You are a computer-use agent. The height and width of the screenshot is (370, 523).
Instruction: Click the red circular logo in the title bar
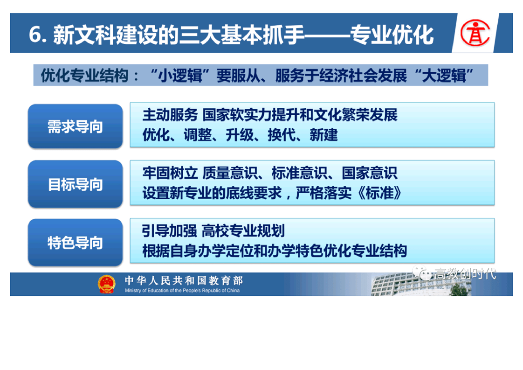(x=475, y=32)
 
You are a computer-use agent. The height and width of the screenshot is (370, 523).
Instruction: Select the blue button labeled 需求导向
(x=76, y=126)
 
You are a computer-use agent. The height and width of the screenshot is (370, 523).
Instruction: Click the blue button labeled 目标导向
(x=76, y=184)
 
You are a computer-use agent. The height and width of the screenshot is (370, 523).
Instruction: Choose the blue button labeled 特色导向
(x=76, y=243)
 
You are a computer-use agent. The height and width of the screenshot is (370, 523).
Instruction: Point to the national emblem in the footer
(x=106, y=284)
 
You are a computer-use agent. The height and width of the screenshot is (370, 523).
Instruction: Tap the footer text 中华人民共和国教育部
(x=184, y=280)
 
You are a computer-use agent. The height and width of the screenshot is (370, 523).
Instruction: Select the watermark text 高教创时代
(x=465, y=274)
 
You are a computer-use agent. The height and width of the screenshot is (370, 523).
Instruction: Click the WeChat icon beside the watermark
(x=422, y=273)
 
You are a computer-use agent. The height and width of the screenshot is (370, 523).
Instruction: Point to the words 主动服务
(x=170, y=115)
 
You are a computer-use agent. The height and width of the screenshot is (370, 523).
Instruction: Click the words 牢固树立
(x=170, y=173)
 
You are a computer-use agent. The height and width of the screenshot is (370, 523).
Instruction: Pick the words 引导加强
(x=170, y=231)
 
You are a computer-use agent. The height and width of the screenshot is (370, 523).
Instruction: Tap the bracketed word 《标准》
(x=379, y=193)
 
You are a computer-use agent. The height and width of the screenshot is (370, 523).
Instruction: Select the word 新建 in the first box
(x=323, y=135)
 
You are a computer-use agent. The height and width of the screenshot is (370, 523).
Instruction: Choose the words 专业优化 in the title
(x=392, y=35)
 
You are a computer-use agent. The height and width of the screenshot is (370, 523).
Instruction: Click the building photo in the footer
(x=421, y=284)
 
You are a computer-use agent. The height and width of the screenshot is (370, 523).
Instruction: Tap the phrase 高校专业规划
(x=243, y=231)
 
